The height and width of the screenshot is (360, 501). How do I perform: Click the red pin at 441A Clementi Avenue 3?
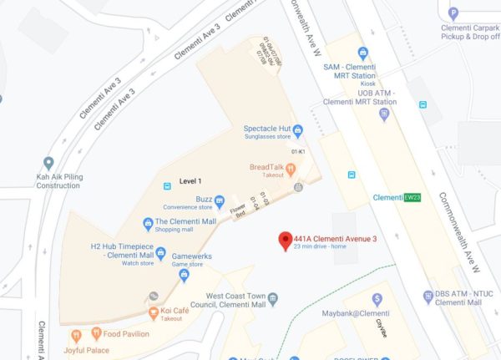(x=285, y=241)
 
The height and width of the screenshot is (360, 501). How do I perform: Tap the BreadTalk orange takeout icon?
(x=291, y=170)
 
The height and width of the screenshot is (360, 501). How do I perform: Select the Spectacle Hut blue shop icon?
(x=296, y=129)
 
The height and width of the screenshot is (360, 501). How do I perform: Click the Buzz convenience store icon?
(x=219, y=200)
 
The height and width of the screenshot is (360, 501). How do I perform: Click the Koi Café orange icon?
(x=153, y=313)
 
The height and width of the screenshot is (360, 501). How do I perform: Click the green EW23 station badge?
(x=412, y=198)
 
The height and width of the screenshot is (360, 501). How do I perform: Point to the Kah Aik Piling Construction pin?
(x=48, y=164)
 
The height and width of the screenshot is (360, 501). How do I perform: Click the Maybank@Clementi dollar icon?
(x=377, y=299)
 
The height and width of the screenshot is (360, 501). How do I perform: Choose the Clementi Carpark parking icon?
(x=453, y=13)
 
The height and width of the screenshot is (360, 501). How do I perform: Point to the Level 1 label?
(x=190, y=181)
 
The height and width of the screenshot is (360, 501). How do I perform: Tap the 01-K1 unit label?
(x=298, y=151)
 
